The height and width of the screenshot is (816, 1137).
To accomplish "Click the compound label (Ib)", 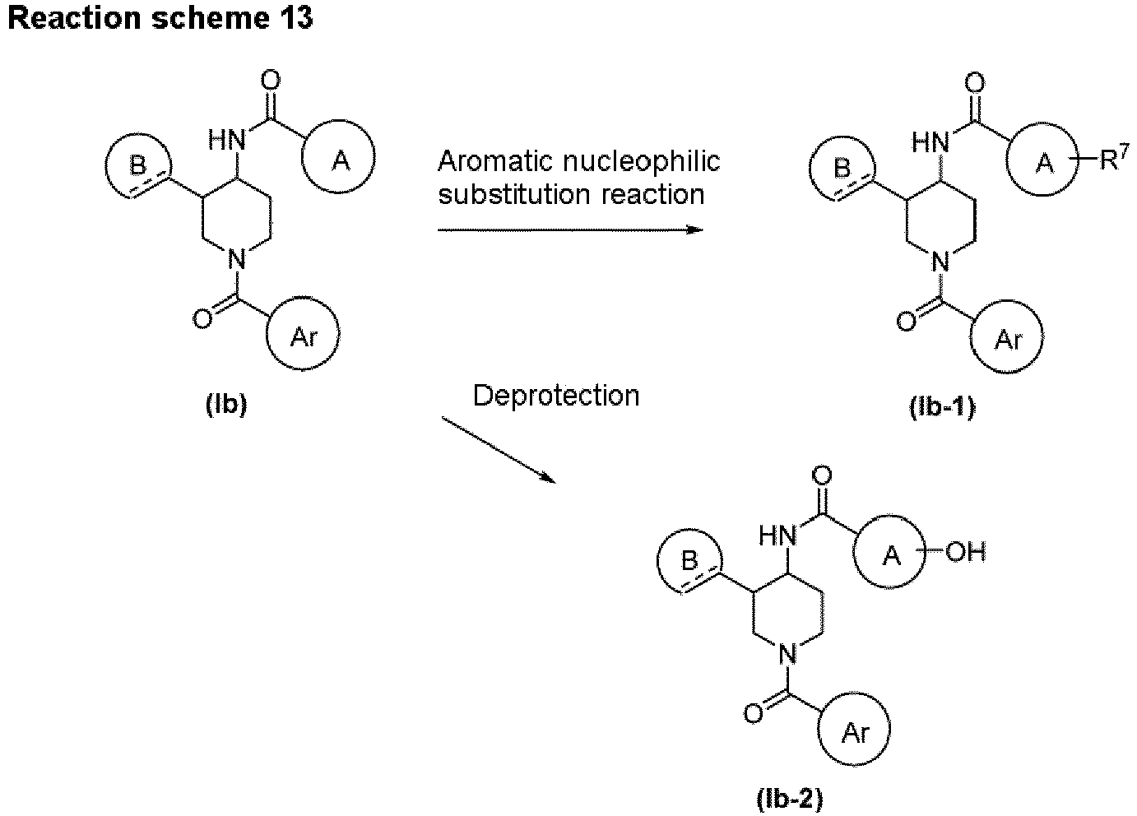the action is tap(226, 405).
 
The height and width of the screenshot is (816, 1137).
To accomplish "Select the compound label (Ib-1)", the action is tap(943, 407).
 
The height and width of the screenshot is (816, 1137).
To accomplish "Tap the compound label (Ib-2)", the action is tap(789, 800).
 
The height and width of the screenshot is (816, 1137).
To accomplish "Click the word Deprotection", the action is tap(556, 396).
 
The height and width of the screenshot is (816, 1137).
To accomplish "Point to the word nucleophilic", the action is tap(642, 161).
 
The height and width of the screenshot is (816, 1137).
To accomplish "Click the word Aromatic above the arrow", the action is tap(495, 161).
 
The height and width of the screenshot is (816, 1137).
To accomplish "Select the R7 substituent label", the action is tap(1115, 159).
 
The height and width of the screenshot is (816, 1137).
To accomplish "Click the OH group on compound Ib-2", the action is tap(965, 552).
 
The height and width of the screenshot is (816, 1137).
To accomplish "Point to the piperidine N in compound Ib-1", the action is tap(940, 262).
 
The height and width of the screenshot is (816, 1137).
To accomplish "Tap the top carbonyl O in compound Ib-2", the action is tap(822, 475).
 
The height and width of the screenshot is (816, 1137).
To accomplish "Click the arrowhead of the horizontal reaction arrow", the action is tap(695, 229).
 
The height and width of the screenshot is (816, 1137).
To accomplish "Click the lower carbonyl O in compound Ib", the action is tap(202, 319).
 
